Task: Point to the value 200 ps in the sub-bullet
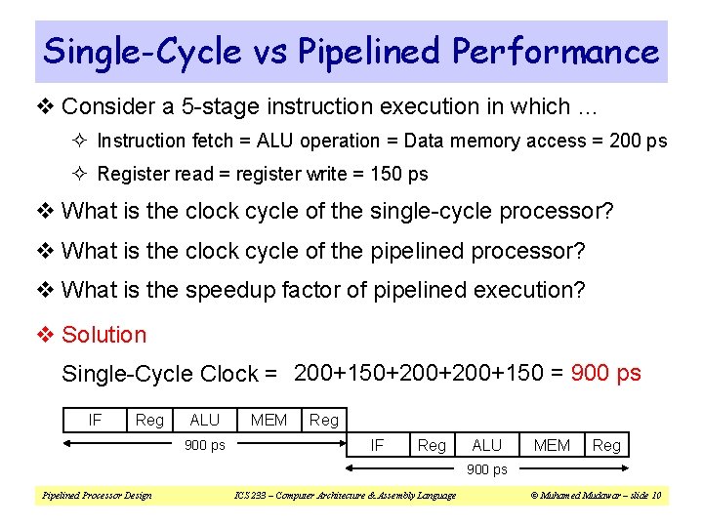pyautogui.click(x=639, y=142)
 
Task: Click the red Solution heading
pyautogui.click(x=103, y=335)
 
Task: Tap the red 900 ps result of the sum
pyautogui.click(x=605, y=373)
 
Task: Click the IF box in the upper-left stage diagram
pyautogui.click(x=95, y=420)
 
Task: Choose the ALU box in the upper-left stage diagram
pyautogui.click(x=204, y=420)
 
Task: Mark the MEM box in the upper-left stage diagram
pyautogui.click(x=269, y=420)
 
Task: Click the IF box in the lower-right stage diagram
pyautogui.click(x=376, y=445)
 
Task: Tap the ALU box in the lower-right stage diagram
pyautogui.click(x=486, y=445)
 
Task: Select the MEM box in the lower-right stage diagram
pyautogui.click(x=552, y=445)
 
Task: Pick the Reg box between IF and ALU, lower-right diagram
pyautogui.click(x=432, y=445)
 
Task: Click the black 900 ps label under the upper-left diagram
pyautogui.click(x=204, y=445)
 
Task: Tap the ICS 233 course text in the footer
pyautogui.click(x=346, y=496)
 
